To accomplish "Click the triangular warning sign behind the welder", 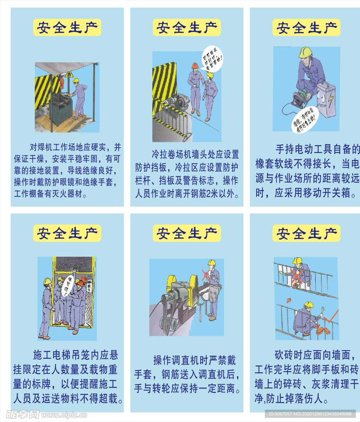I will click(x=68, y=75).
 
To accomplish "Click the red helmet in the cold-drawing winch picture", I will click(x=195, y=66).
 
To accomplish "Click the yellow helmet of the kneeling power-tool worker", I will click(x=305, y=52).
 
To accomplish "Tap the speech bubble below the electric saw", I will click(x=305, y=120).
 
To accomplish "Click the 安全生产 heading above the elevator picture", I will click(x=67, y=233).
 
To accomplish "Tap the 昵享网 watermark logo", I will click(x=23, y=414).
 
